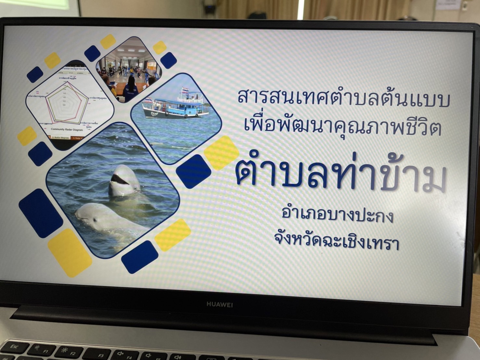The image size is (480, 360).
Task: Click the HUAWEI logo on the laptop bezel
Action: click(220, 304)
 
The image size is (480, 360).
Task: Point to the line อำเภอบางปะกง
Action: click(338, 215)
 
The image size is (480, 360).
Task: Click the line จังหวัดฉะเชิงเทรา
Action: click(336, 242)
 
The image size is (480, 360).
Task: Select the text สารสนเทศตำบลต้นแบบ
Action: click(344, 98)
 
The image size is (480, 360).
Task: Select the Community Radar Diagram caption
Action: click(67, 129)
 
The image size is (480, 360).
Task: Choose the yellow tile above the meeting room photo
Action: click(107, 41)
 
